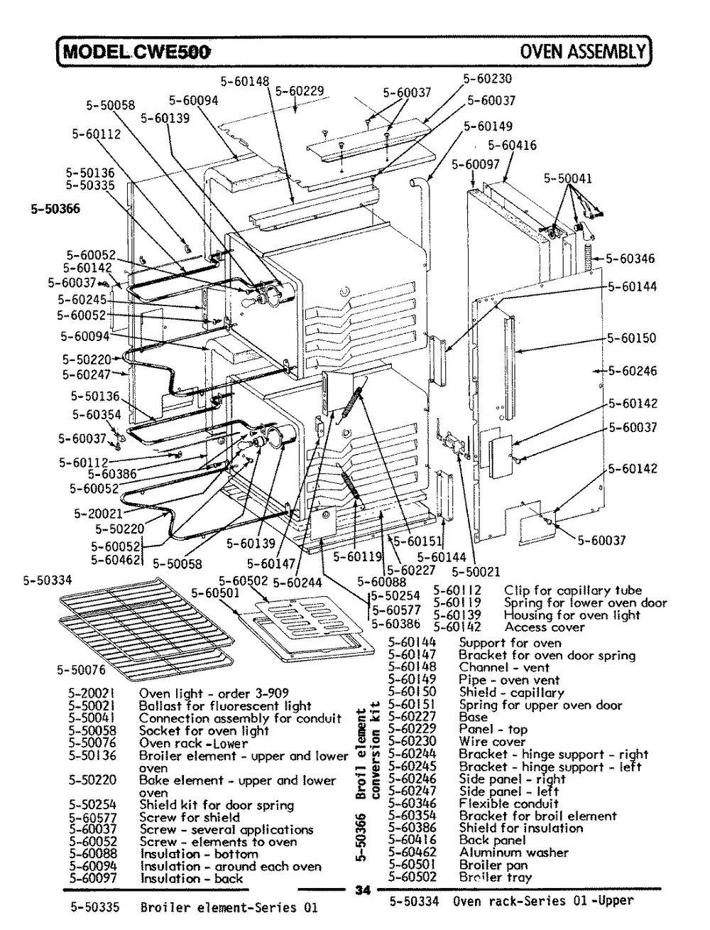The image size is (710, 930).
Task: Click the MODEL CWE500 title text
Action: (x=135, y=51)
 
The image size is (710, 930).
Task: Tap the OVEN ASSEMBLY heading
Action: (x=584, y=51)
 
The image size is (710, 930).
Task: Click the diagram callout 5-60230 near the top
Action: (x=488, y=79)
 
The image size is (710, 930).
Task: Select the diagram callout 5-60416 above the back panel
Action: (x=512, y=146)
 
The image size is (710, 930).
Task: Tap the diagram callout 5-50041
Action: (x=568, y=179)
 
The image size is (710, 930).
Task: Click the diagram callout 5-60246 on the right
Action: (x=633, y=371)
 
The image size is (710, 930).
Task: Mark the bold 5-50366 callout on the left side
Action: (x=55, y=209)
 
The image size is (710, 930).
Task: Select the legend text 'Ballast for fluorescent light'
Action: (x=225, y=706)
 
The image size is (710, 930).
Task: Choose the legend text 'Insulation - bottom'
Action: (x=199, y=854)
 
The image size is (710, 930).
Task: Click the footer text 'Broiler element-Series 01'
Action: (x=229, y=907)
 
